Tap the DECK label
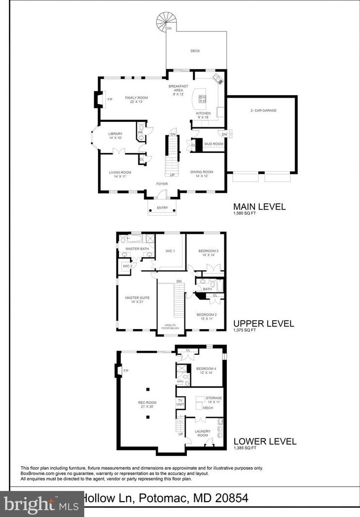tap(195, 51)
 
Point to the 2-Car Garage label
tap(263, 111)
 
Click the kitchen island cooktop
tap(202, 98)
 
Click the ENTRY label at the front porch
tap(162, 208)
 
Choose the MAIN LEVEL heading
tap(259, 207)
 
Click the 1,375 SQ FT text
tap(245, 331)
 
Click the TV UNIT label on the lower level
tap(180, 402)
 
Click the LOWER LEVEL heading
tap(265, 442)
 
